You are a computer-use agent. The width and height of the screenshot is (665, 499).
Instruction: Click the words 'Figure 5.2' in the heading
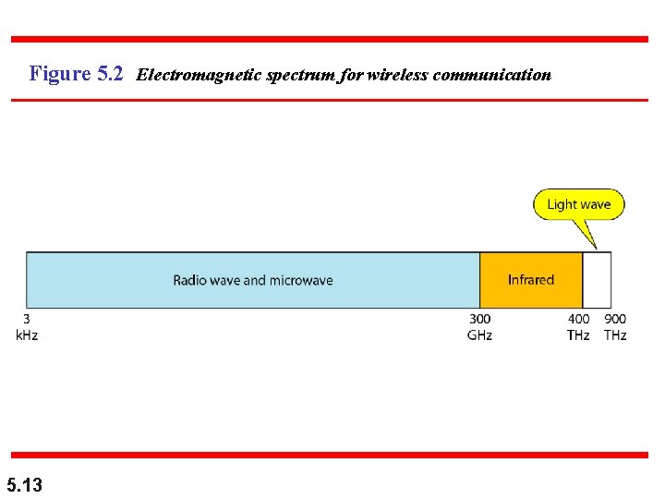click(77, 74)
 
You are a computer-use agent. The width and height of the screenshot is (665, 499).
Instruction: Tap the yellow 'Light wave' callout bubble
click(579, 204)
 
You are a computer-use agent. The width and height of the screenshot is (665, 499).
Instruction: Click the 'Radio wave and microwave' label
click(253, 280)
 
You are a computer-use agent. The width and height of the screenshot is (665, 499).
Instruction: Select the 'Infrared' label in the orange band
click(531, 280)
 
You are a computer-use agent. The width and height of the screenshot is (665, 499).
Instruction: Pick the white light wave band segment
click(597, 280)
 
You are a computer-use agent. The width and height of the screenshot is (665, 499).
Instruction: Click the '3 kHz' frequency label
click(27, 327)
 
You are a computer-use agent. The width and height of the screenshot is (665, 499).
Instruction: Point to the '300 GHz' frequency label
click(479, 327)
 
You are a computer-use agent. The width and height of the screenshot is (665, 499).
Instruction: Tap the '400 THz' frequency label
click(578, 327)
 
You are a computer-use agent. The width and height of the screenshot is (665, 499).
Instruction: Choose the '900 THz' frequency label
click(615, 327)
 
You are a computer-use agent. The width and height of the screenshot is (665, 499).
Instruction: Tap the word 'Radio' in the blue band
click(188, 280)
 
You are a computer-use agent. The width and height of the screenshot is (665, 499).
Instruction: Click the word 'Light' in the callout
click(562, 204)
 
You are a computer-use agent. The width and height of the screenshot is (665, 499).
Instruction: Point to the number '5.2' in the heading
click(109, 74)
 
